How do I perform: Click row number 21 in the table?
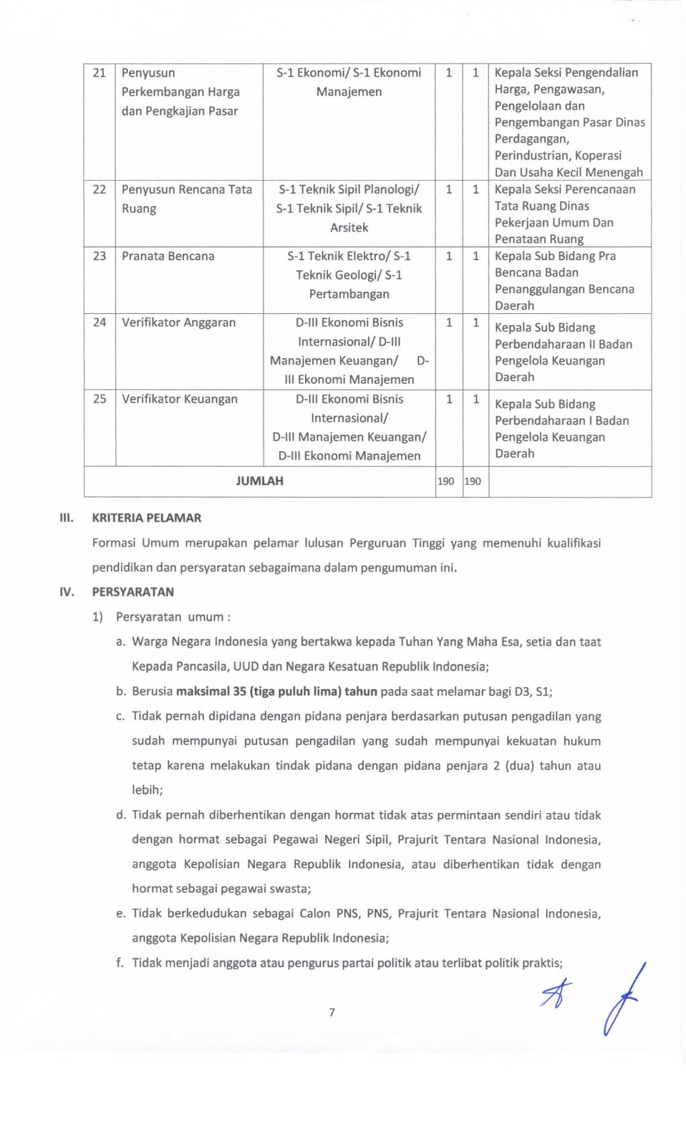click(99, 73)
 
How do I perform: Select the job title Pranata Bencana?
click(167, 256)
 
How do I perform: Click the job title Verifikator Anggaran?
click(178, 322)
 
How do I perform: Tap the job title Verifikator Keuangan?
click(179, 399)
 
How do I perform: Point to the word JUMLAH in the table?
click(259, 481)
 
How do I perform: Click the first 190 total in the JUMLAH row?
click(446, 481)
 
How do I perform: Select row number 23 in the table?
click(99, 256)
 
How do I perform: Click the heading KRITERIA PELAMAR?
click(146, 517)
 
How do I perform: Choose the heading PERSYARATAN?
click(133, 592)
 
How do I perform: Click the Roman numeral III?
click(66, 517)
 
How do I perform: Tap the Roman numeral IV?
click(66, 592)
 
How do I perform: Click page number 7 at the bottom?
click(332, 1012)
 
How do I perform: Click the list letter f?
click(119, 963)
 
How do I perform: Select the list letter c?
click(119, 716)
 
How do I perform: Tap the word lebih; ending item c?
click(147, 790)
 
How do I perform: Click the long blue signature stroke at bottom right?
click(622, 1000)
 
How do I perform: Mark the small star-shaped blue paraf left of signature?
click(556, 992)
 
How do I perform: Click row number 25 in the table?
click(99, 399)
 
